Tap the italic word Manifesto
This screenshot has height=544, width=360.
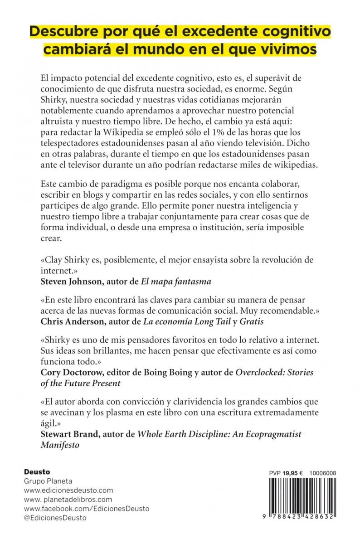[x=60, y=445]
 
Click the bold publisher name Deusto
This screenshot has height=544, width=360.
[x=37, y=472]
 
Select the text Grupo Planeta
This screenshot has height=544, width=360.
[x=48, y=481]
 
